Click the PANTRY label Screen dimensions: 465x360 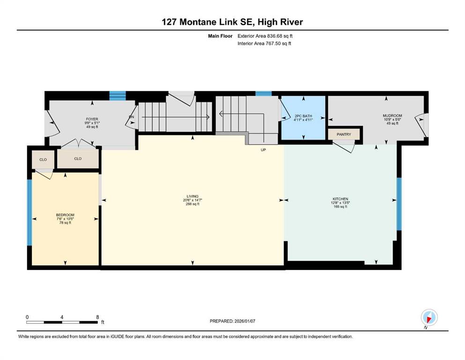(x=344, y=135)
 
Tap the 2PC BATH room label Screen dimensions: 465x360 (x=303, y=116)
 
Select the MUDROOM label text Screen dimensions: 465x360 (x=392, y=116)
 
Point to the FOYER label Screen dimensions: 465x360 (x=92, y=120)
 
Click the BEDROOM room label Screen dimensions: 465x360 (x=65, y=215)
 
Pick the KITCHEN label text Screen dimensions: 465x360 (x=340, y=199)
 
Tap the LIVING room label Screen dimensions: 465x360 (x=192, y=196)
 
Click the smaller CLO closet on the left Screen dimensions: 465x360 (x=43, y=160)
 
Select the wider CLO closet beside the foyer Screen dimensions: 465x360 (x=78, y=159)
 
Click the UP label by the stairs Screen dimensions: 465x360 (x=263, y=150)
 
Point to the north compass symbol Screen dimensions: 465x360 (x=429, y=318)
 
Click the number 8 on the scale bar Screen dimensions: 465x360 (x=97, y=317)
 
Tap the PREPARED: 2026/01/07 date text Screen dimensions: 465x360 (x=232, y=321)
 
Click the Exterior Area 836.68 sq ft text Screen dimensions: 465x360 (x=265, y=36)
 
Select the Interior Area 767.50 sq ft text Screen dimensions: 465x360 (x=264, y=43)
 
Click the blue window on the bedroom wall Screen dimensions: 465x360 (x=30, y=212)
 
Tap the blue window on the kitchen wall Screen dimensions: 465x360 (x=399, y=204)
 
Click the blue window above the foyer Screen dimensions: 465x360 (x=118, y=96)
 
